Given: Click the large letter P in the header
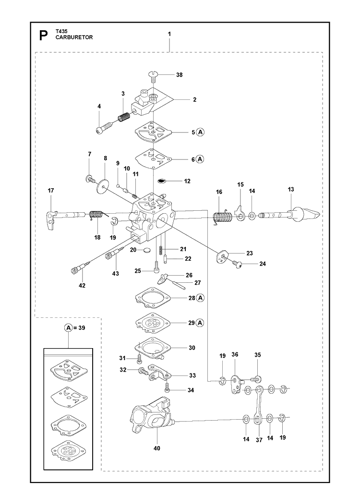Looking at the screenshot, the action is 44,36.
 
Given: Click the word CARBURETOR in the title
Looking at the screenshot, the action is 74,37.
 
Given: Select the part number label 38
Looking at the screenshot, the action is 179,75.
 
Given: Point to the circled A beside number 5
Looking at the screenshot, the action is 201,132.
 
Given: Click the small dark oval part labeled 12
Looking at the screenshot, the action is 162,181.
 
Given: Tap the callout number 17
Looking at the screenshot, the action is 51,191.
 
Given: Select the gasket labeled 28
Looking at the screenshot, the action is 153,298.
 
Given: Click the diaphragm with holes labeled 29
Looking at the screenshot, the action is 153,323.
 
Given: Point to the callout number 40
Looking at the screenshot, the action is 156,448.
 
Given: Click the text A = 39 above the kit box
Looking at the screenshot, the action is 75,327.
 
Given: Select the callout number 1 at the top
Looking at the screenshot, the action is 169,34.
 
